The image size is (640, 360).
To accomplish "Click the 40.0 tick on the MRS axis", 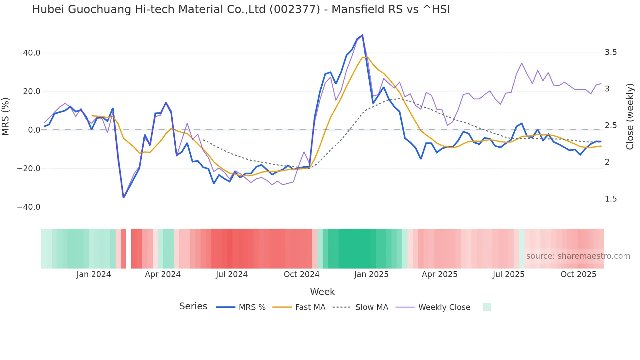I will pos(31,53).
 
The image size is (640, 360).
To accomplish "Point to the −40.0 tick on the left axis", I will pos(29,207).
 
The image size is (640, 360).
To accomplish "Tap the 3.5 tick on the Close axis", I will pos(611,52).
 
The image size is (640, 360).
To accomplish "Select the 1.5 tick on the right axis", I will pos(611,199).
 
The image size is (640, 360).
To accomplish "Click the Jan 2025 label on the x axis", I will pos(371,274).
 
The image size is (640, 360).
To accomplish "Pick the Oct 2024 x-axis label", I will pos(301,274).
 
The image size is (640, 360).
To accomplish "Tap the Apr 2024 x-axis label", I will pos(163,274).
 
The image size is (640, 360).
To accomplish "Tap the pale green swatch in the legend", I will pos(487,307).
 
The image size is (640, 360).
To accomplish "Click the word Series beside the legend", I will pos(193,306).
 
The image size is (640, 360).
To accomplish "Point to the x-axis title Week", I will pos(322,292).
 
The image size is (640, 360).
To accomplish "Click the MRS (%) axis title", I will pos(6,116).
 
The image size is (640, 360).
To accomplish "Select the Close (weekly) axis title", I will pos(630,116).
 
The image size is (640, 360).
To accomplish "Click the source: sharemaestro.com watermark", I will pos(578,256).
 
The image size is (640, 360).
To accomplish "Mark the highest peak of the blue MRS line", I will pos(362,35).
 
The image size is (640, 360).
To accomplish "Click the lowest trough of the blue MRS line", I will pos(123,198).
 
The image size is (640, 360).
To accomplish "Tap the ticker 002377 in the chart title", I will pos(295,9).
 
